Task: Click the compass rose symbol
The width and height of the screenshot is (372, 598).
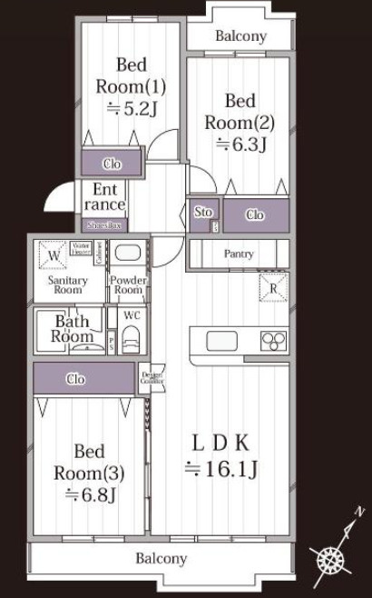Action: pos(330,560)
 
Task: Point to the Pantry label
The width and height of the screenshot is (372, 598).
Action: pos(238,254)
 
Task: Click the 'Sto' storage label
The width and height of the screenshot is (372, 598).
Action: pos(203,212)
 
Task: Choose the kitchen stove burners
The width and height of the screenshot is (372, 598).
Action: pos(273,341)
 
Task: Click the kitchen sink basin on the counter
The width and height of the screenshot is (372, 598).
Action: pos(221,341)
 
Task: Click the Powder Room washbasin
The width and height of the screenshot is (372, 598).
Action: pos(128,254)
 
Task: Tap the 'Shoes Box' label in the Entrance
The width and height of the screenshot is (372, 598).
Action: pos(104,224)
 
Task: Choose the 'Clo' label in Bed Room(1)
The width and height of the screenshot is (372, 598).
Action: pos(112,164)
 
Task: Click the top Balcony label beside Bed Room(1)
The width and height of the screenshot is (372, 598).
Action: pos(240,36)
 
